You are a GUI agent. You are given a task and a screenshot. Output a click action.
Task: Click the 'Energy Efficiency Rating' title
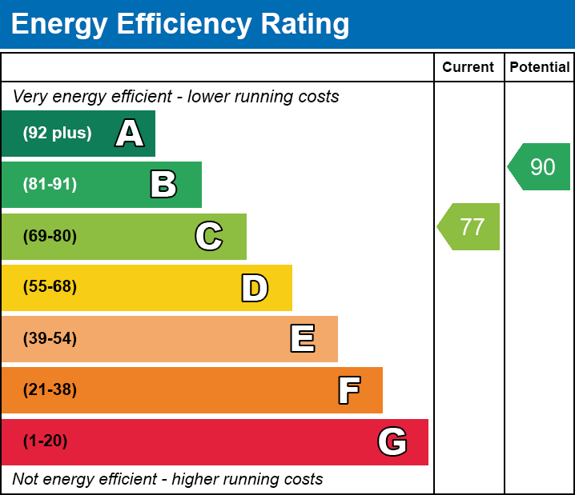coord(180,25)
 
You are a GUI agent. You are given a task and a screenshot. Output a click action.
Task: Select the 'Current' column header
coord(468,68)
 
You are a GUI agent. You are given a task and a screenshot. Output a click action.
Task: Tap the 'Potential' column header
coord(540,68)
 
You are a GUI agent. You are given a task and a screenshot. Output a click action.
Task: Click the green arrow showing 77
coord(470,226)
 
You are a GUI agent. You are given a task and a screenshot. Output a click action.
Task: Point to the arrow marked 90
coord(541,167)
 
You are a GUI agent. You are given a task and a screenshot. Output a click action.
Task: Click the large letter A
coord(130,134)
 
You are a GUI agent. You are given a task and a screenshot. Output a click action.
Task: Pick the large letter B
coord(163,185)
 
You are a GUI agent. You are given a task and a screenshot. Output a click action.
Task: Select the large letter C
coord(209,236)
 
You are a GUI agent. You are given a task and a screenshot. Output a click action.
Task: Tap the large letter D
coord(255,288)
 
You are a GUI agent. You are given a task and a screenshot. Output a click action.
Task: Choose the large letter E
coord(302,339)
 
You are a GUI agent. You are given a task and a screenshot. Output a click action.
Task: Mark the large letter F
coord(348,390)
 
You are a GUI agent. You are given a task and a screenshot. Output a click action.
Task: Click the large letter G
coord(392,441)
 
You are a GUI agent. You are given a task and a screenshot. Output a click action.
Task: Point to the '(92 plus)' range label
coord(57,134)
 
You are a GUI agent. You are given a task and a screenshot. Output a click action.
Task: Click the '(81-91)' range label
coord(50,185)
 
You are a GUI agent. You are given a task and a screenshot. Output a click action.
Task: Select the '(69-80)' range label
coord(50,236)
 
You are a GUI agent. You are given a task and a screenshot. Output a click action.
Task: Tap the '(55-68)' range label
coord(50,287)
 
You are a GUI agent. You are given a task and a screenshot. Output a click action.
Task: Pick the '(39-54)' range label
coord(50,338)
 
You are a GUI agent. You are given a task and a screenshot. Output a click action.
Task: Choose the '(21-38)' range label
coord(50,390)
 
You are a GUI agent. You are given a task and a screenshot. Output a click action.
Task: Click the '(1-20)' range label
coord(45,441)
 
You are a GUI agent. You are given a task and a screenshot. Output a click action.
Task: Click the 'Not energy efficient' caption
coord(167,479)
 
